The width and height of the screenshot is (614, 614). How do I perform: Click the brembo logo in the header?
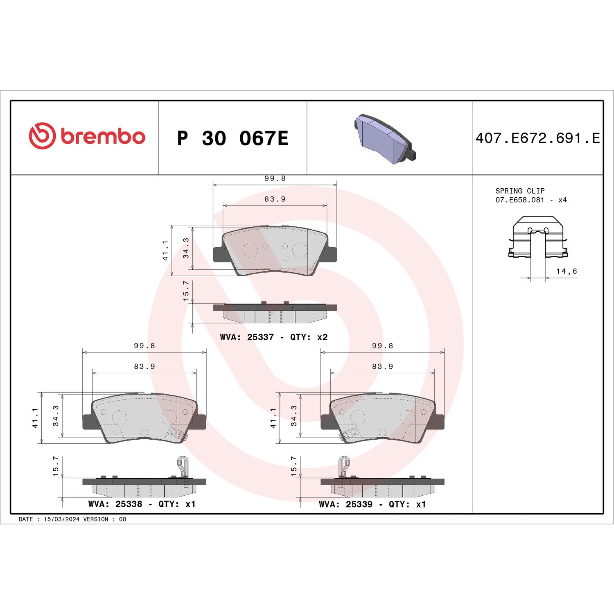(87, 136)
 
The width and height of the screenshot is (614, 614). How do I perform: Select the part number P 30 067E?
(233, 138)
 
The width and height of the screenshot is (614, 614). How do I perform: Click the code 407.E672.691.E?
(537, 138)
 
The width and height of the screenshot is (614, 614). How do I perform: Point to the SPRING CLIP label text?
(520, 191)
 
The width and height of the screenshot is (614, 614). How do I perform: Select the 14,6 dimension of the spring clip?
(566, 271)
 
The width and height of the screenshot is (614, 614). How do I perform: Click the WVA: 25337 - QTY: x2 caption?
(273, 337)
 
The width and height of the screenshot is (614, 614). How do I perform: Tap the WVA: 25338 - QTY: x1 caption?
(142, 504)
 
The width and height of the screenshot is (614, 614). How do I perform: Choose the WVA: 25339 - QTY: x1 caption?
(372, 504)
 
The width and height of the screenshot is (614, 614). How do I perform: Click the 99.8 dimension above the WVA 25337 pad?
(275, 178)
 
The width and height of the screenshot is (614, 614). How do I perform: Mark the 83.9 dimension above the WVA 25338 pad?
(144, 366)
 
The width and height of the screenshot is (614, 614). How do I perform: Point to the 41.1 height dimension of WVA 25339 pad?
(273, 418)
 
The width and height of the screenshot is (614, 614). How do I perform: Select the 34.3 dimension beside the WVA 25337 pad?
(186, 248)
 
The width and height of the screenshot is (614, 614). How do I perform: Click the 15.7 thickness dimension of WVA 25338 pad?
(56, 466)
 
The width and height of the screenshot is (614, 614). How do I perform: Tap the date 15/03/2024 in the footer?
(61, 519)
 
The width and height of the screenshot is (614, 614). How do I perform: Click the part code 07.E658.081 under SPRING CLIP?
(520, 200)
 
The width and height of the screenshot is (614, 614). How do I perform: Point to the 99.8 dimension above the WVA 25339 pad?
(382, 346)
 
